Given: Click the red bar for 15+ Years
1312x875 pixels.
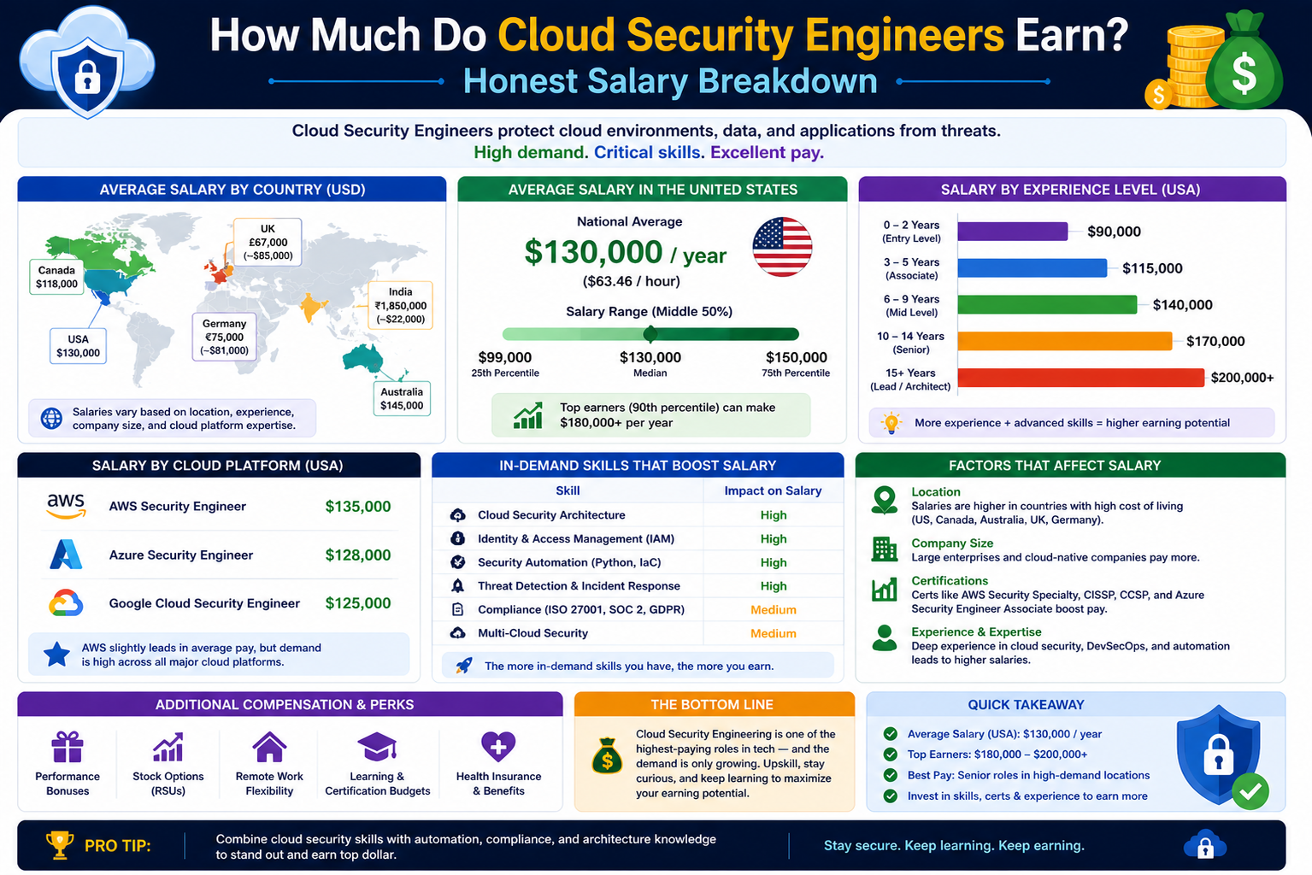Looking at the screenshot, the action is tap(1080, 378).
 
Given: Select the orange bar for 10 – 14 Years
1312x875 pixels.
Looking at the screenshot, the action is tap(1065, 341).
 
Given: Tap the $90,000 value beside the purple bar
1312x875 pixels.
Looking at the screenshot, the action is tap(1114, 232).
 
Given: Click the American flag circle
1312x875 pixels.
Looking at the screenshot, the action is tap(782, 247).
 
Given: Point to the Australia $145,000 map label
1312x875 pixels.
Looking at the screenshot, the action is tap(402, 398).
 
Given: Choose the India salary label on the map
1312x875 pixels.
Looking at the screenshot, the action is tap(401, 305).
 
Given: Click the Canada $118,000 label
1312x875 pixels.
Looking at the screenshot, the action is tap(56, 277).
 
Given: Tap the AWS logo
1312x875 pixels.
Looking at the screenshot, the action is tap(66, 506).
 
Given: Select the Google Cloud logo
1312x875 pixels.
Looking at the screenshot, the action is tap(66, 602).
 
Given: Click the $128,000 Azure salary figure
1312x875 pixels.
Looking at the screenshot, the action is tap(358, 555).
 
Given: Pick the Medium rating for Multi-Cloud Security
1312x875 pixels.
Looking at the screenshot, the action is tap(774, 633).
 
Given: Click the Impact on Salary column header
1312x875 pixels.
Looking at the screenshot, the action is tap(773, 490).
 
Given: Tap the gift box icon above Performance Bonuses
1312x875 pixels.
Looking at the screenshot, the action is tap(68, 747).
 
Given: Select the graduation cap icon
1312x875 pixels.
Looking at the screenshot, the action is tap(377, 747).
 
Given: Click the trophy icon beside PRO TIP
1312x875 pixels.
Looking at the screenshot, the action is tap(60, 845).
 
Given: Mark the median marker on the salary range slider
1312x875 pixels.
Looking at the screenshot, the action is tap(650, 334).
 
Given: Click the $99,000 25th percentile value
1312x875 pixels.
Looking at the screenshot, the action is tap(505, 357).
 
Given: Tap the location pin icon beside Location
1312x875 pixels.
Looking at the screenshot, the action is tap(885, 500).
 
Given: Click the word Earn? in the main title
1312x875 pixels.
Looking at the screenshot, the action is tap(1072, 35).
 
